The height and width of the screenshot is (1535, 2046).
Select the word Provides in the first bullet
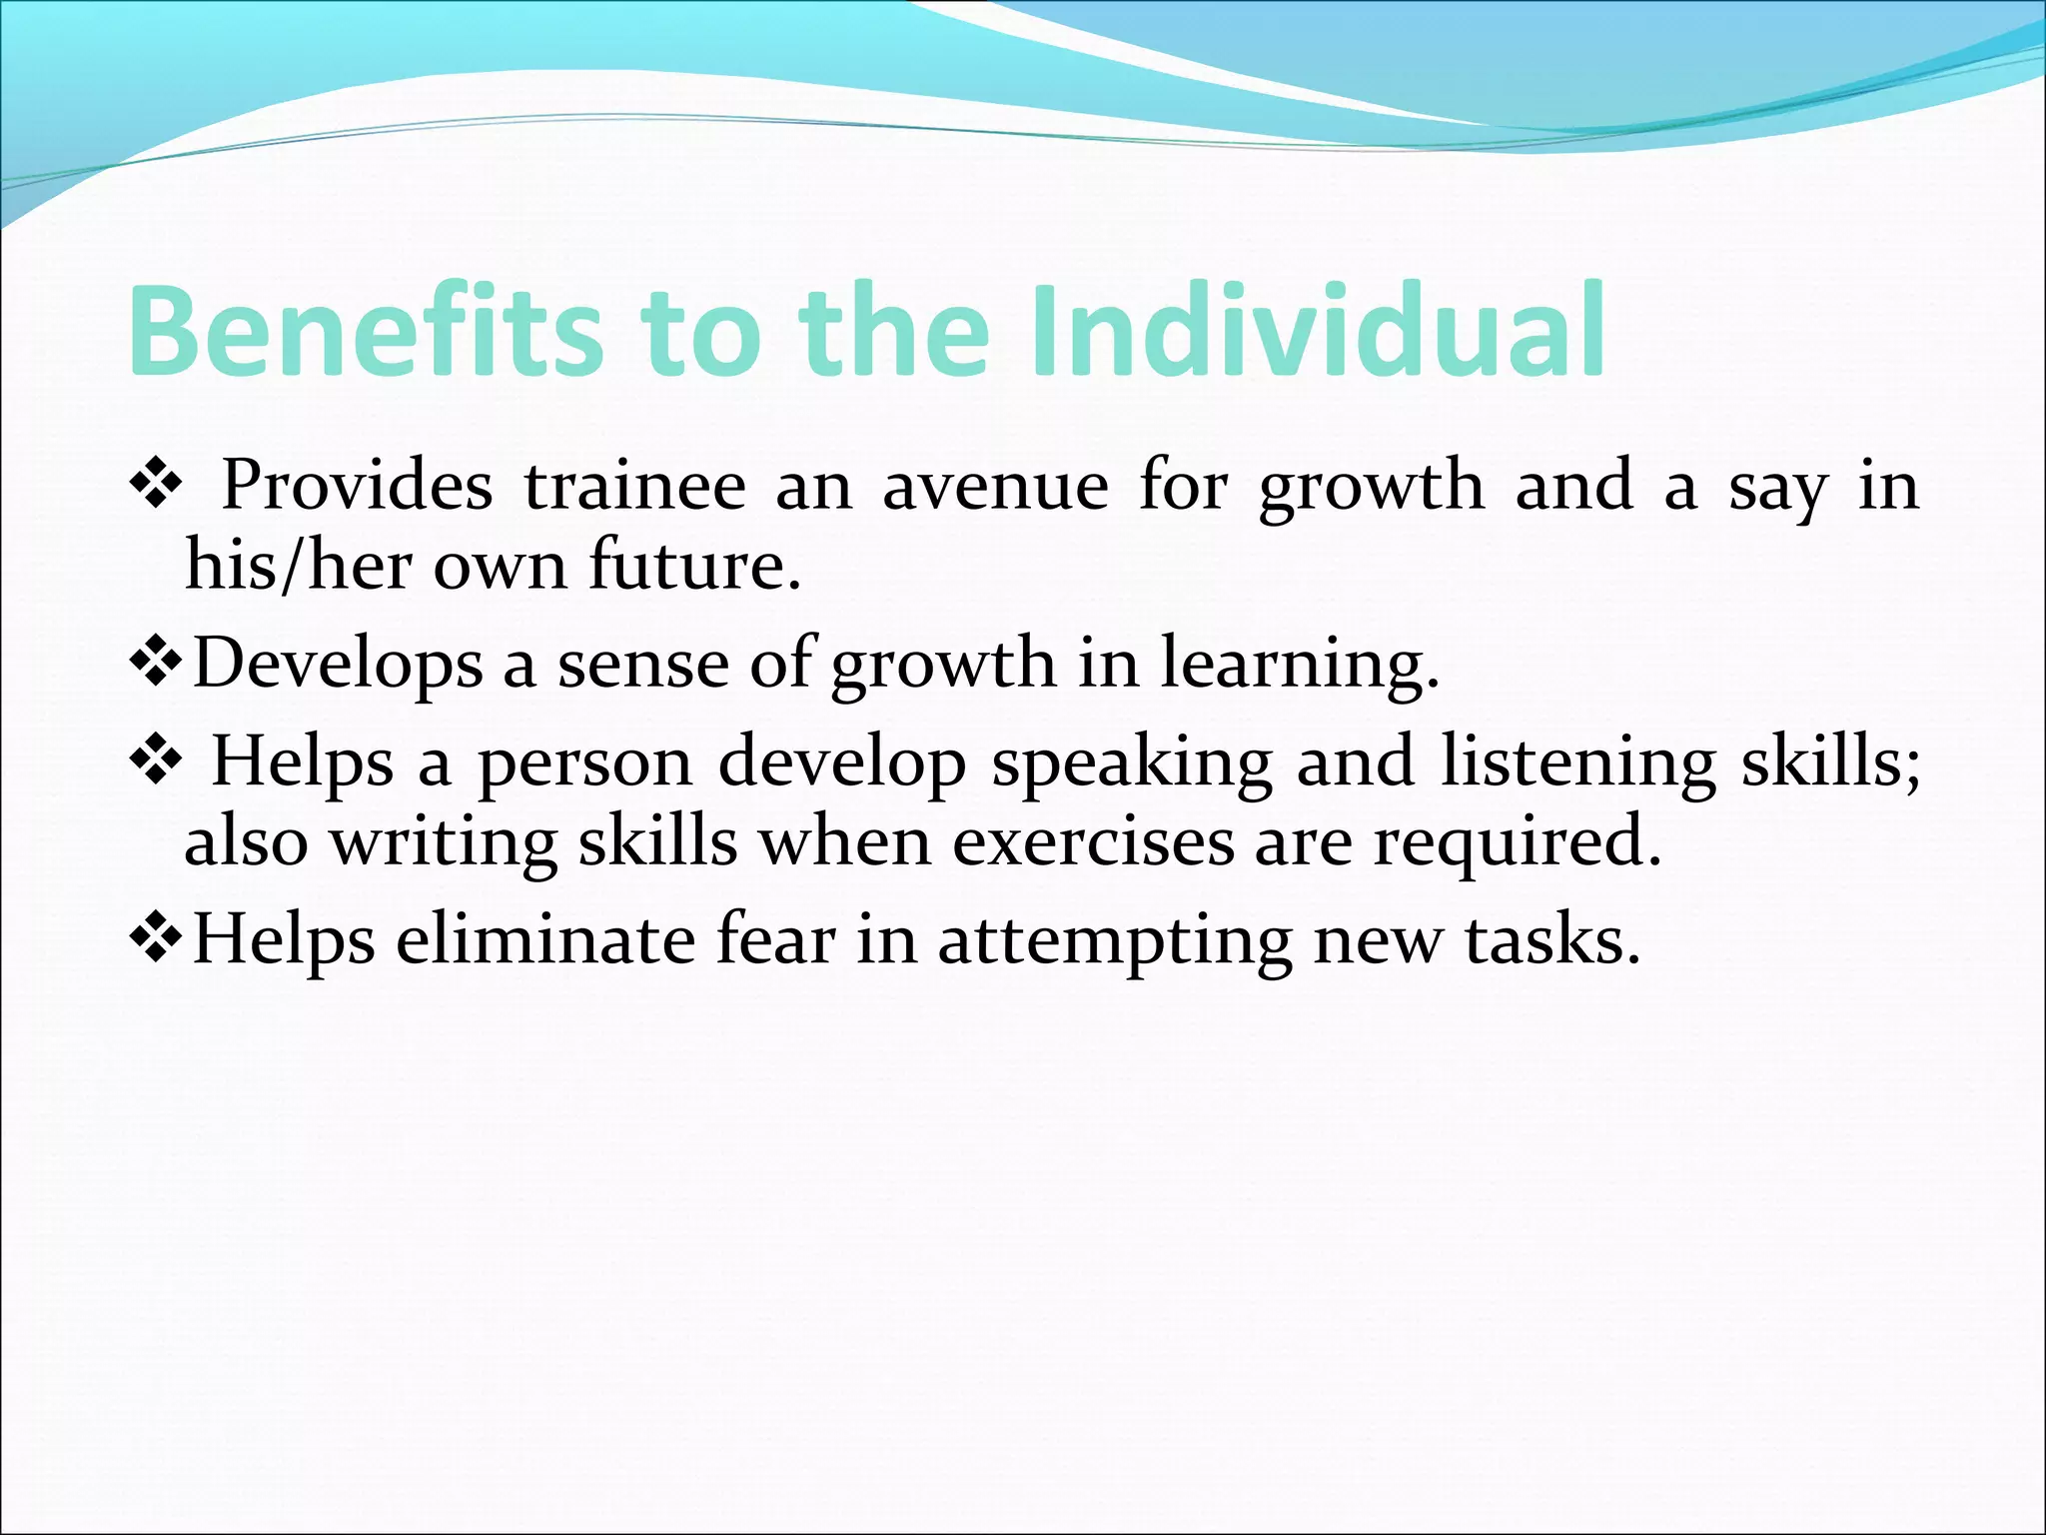pyautogui.click(x=357, y=487)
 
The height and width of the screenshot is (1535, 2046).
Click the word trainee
pyautogui.click(x=635, y=487)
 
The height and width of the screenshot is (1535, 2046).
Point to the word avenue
pyautogui.click(x=995, y=487)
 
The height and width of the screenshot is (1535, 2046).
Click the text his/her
pyautogui.click(x=297, y=566)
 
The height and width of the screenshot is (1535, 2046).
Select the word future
pyautogui.click(x=694, y=566)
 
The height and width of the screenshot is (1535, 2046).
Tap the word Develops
pyautogui.click(x=337, y=664)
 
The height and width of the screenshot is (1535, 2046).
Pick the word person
pyautogui.click(x=584, y=764)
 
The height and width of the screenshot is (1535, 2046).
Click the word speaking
pyautogui.click(x=1131, y=764)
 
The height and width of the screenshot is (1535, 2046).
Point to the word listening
pyautogui.click(x=1577, y=764)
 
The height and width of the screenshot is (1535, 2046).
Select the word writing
pyautogui.click(x=444, y=842)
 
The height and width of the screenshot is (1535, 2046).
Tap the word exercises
pyautogui.click(x=1093, y=842)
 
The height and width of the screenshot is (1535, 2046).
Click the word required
pyautogui.click(x=1517, y=842)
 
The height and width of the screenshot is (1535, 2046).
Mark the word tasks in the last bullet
pyautogui.click(x=1552, y=940)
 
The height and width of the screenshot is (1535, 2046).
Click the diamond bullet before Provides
pyautogui.click(x=157, y=487)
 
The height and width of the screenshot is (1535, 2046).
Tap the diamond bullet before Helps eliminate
pyautogui.click(x=157, y=940)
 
